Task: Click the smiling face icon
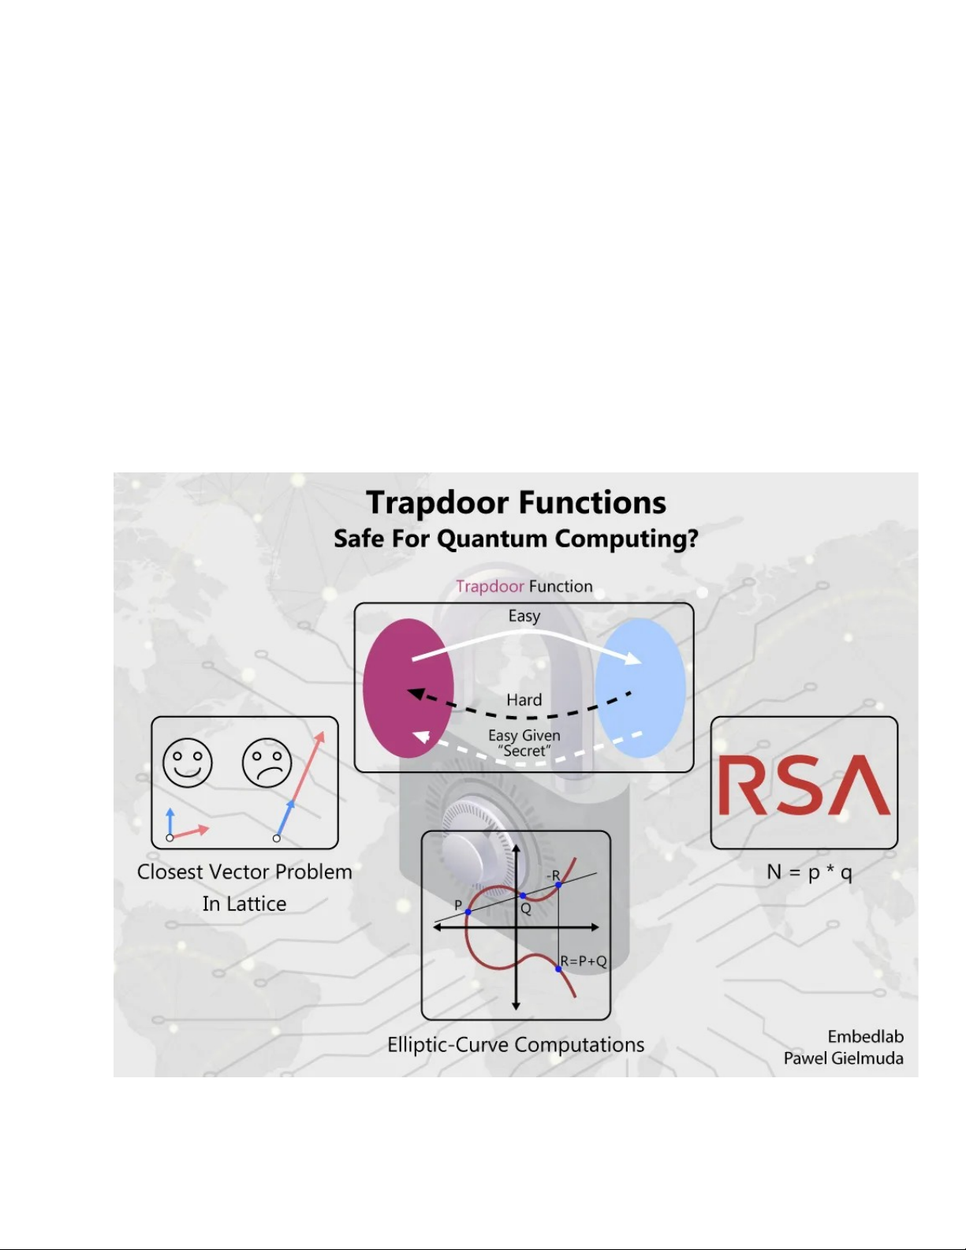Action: point(188,763)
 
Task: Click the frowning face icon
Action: point(267,763)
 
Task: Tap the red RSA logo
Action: point(804,785)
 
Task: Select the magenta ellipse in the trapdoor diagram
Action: point(408,688)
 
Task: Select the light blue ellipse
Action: point(640,688)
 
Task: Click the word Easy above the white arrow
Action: point(524,616)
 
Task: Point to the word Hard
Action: point(524,700)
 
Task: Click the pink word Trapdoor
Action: point(490,586)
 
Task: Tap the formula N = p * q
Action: point(809,872)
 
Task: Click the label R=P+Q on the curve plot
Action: point(584,961)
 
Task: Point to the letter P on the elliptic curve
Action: point(458,905)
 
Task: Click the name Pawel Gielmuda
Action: point(843,1058)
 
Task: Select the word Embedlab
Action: point(865,1036)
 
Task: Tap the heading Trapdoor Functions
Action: point(517,502)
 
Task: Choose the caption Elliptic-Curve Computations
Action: point(516,1045)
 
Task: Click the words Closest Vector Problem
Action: point(244,872)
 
